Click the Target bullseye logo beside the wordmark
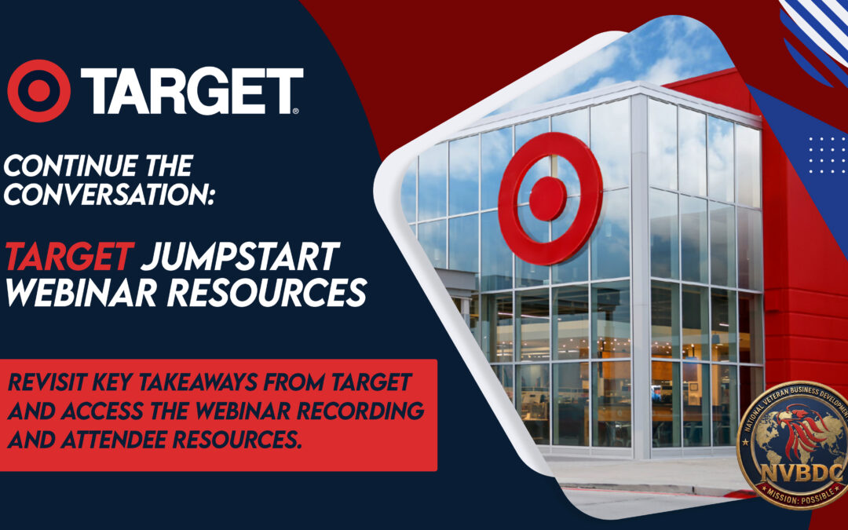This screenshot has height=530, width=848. click(38, 91)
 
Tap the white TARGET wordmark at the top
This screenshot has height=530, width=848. click(192, 91)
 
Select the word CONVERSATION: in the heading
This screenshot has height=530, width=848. click(109, 195)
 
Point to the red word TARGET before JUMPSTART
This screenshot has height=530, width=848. click(69, 256)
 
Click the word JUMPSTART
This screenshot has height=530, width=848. click(240, 256)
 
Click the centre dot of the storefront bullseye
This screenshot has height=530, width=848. click(547, 199)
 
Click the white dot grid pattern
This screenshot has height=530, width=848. click(826, 155)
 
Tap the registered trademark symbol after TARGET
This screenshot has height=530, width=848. click(295, 111)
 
